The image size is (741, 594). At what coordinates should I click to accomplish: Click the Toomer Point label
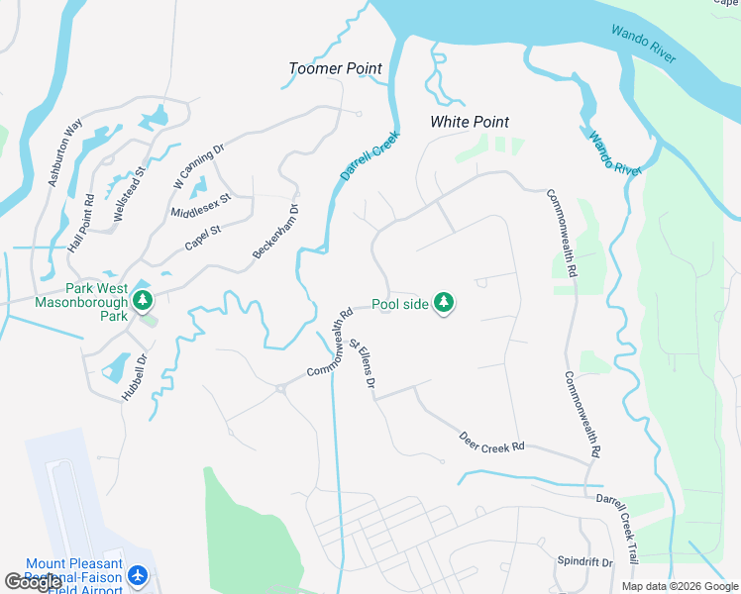coord(335,68)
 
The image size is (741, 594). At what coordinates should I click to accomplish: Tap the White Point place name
coord(469,122)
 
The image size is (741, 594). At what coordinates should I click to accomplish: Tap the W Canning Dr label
coord(199,164)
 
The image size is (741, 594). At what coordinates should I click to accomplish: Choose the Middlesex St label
coord(200,205)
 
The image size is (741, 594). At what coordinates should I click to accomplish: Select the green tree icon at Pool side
coord(444,303)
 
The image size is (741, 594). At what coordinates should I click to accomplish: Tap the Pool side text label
coord(400,304)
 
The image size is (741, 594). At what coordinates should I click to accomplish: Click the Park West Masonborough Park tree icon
coord(144,298)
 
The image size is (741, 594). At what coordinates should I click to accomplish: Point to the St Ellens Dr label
coord(363,363)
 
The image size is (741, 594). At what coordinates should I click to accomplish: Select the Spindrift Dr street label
coord(584,561)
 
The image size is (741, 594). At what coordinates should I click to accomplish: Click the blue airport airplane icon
coord(138,575)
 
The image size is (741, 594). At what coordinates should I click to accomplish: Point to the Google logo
coord(33,582)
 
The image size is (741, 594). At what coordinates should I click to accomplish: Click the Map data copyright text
coord(679,586)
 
